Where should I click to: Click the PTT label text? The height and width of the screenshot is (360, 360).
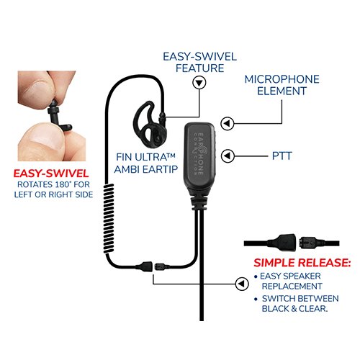pyautogui.click(x=282, y=156)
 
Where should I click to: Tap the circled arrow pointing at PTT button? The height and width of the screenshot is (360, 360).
pyautogui.click(x=228, y=156)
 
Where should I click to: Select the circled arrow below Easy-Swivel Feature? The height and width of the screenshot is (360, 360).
pyautogui.click(x=199, y=83)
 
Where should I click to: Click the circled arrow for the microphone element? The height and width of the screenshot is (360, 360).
pyautogui.click(x=228, y=124)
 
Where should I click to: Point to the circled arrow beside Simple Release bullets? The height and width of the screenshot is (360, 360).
pyautogui.click(x=242, y=284)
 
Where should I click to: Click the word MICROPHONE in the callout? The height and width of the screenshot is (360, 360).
pyautogui.click(x=282, y=79)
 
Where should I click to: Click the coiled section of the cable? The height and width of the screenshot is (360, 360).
pyautogui.click(x=109, y=218)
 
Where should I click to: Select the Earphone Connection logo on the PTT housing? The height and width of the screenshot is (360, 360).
pyautogui.click(x=199, y=153)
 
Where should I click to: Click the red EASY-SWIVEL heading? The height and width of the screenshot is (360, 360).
pyautogui.click(x=51, y=174)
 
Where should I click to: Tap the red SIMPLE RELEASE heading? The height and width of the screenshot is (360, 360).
pyautogui.click(x=302, y=263)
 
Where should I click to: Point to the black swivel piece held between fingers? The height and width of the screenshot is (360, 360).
pyautogui.click(x=59, y=117)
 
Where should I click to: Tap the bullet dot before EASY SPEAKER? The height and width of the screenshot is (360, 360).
pyautogui.click(x=256, y=276)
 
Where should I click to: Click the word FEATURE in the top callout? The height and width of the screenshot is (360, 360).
pyautogui.click(x=199, y=68)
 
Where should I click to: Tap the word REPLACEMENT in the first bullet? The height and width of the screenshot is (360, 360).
pyautogui.click(x=292, y=287)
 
